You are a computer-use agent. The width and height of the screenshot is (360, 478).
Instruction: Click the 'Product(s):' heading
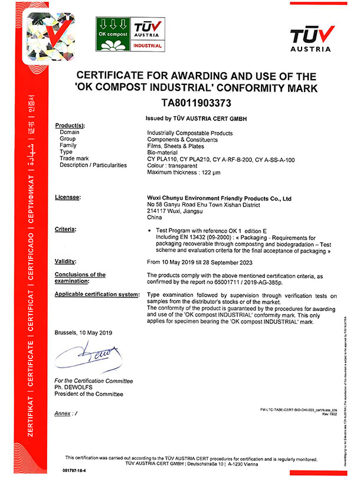(x=70, y=126)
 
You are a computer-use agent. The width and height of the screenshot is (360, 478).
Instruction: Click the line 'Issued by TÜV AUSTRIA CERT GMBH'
(x=194, y=119)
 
